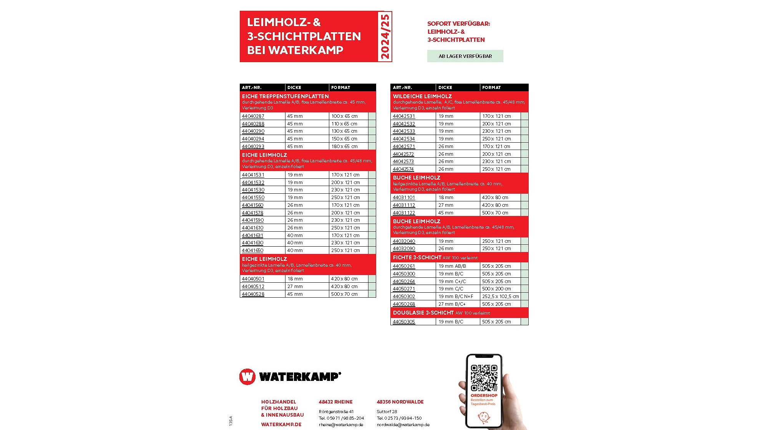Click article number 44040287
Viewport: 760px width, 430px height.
pos(253,116)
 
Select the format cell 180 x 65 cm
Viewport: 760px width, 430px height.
pos(344,146)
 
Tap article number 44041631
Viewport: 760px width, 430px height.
pos(252,235)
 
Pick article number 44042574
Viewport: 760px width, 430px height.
pos(403,169)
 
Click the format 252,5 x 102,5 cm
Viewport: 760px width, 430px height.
pos(500,296)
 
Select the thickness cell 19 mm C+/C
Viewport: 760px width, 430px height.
pos(452,281)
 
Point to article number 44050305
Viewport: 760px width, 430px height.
pos(404,321)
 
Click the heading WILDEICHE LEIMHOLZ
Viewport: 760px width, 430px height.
pos(422,96)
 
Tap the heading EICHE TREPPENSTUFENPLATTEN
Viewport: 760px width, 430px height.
pos(285,96)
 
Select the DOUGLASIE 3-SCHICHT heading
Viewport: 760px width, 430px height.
pos(423,313)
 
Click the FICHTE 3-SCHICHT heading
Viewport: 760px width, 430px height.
pos(417,257)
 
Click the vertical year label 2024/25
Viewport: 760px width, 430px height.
pos(385,36)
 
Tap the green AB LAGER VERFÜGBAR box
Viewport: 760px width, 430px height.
pos(465,56)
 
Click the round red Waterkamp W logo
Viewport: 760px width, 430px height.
pos(247,377)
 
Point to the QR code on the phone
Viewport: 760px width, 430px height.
pos(484,378)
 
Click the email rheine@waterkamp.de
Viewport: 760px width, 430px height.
pos(341,425)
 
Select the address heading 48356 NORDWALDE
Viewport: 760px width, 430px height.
pos(400,402)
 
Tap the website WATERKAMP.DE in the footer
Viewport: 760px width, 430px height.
pos(281,424)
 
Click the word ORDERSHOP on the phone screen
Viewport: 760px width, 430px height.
pos(484,395)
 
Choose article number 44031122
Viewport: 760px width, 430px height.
pos(404,213)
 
